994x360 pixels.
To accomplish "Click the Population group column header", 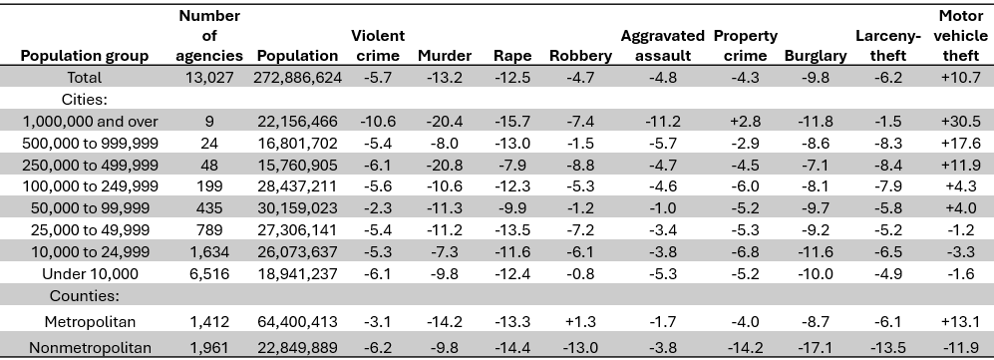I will point(85,56).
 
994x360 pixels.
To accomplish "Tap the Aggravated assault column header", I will point(662,46).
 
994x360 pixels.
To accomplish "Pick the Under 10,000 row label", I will point(85,273).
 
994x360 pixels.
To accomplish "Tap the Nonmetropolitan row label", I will point(91,348).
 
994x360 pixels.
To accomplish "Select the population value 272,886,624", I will point(297,77).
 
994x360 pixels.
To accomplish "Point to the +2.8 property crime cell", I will point(745,121).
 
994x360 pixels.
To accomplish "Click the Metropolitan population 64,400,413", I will point(297,321).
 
